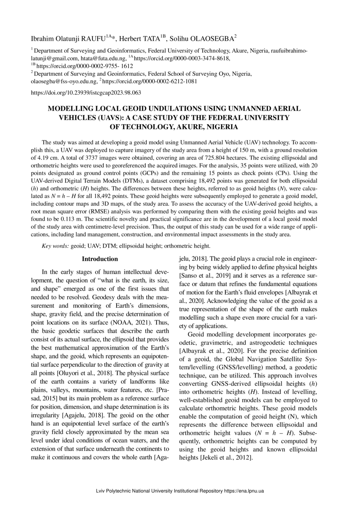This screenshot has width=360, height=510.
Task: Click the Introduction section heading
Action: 100,259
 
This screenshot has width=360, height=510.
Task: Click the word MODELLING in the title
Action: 70,109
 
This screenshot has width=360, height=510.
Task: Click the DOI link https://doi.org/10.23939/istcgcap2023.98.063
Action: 86,93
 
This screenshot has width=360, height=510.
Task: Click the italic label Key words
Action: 55,246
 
